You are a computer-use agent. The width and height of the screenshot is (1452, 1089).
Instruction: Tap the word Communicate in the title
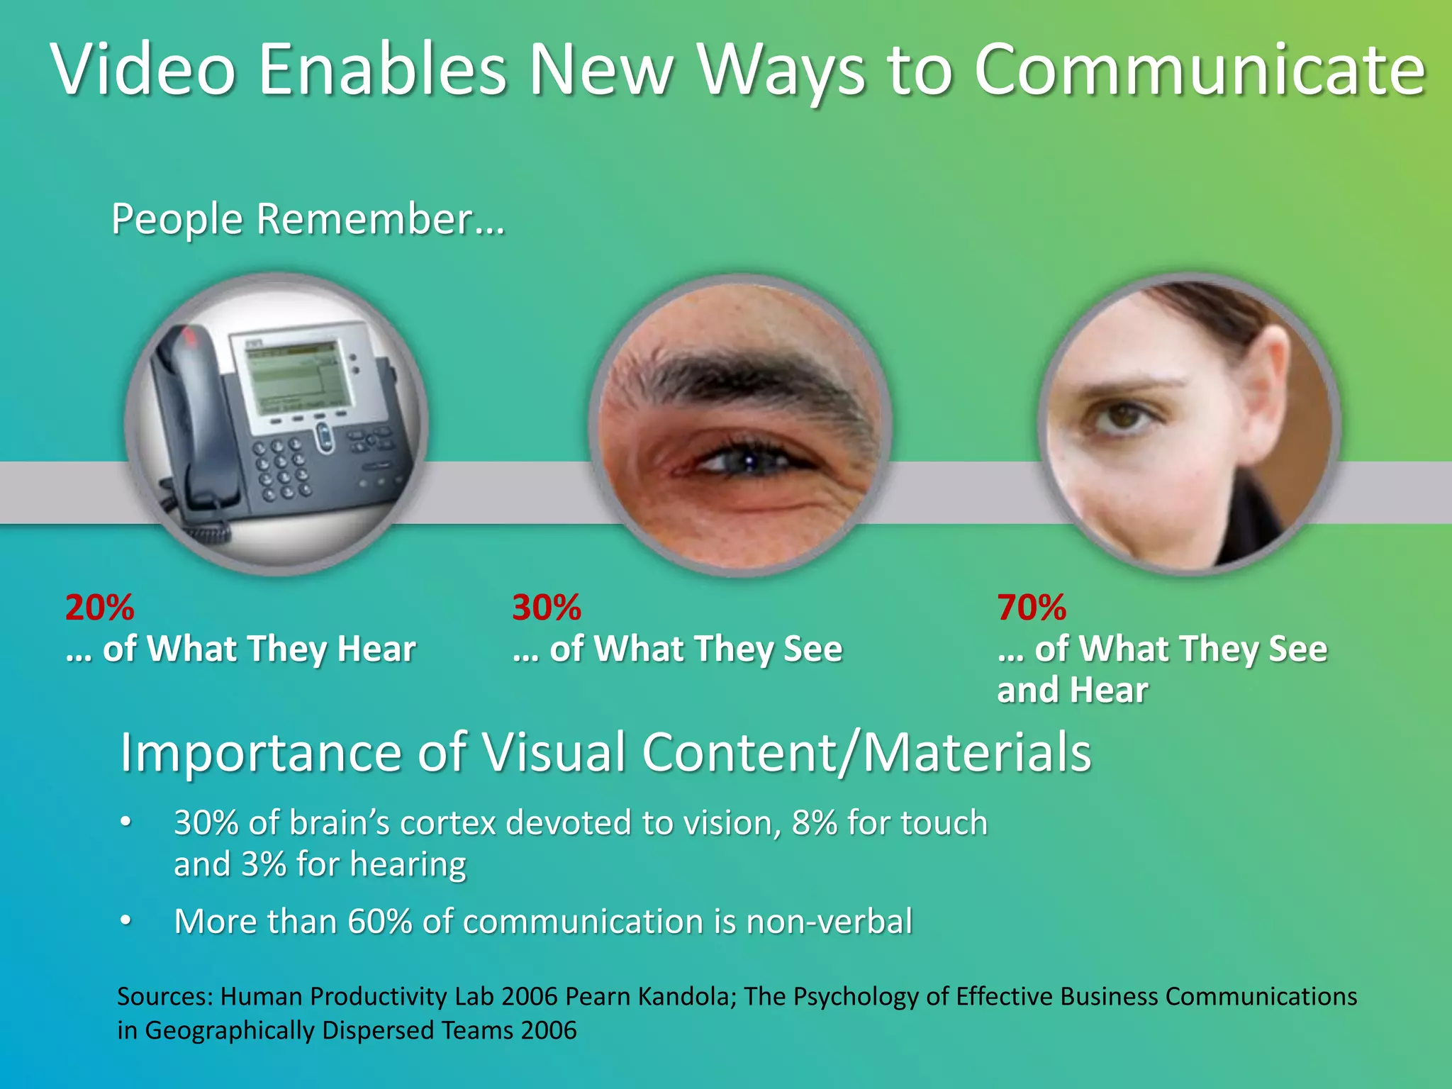(1199, 69)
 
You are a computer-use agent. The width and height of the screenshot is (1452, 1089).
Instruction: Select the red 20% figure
(99, 608)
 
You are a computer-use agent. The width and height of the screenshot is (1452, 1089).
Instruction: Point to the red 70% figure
(1032, 608)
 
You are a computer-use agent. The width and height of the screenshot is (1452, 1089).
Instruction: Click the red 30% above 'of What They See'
(547, 608)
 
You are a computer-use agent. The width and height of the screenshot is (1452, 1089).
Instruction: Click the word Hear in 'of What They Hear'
(376, 649)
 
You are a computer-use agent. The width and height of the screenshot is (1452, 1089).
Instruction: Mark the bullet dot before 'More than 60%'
(126, 920)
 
